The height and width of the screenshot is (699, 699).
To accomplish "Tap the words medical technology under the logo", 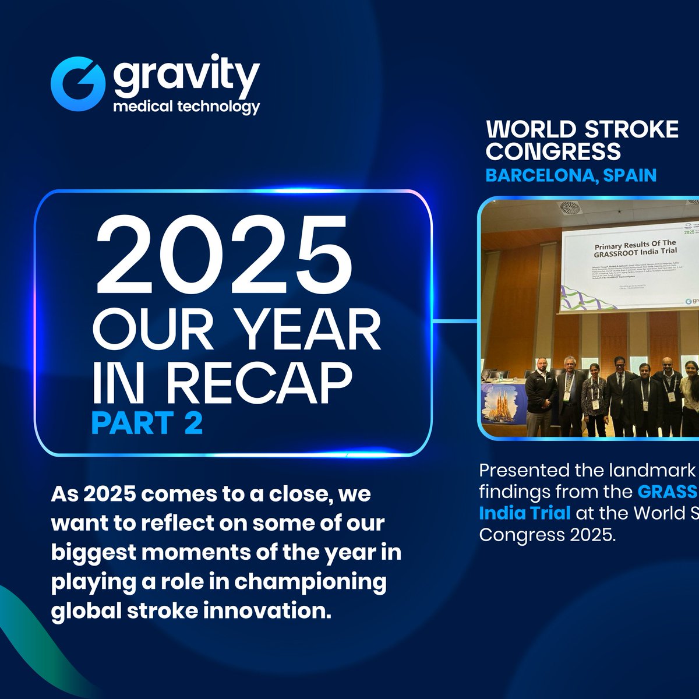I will (186, 107).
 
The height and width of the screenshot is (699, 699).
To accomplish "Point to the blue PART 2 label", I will (147, 423).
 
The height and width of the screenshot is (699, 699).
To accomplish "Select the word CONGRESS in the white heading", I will (553, 151).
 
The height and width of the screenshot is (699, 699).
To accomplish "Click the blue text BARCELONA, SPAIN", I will (571, 175).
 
